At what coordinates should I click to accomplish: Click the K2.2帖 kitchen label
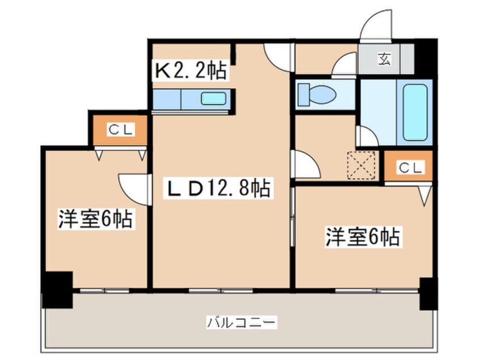pyautogui.click(x=191, y=70)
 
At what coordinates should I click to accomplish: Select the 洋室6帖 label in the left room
pyautogui.click(x=95, y=219)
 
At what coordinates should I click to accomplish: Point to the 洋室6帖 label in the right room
pyautogui.click(x=362, y=237)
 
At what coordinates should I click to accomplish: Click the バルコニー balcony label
pyautogui.click(x=241, y=323)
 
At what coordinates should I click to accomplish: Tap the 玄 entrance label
pyautogui.click(x=385, y=57)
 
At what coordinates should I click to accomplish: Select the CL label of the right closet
pyautogui.click(x=409, y=168)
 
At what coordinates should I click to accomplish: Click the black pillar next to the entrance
pyautogui.click(x=425, y=57)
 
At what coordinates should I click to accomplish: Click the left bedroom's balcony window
pyautogui.click(x=105, y=290)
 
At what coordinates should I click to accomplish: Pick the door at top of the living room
pyautogui.click(x=279, y=57)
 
